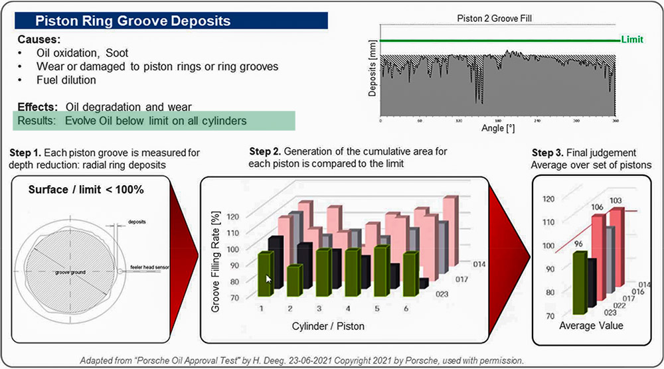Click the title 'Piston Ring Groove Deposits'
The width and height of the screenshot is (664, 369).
[x=132, y=21]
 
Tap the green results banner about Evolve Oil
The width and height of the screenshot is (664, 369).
[x=133, y=121]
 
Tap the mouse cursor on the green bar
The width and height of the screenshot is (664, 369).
[x=269, y=279]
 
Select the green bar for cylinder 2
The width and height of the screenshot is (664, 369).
[x=294, y=281]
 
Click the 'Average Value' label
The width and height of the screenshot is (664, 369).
[x=590, y=326]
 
